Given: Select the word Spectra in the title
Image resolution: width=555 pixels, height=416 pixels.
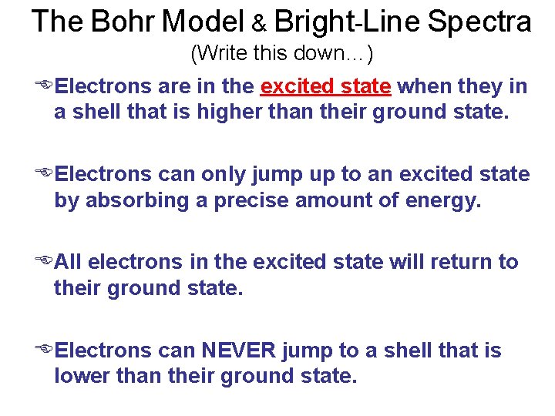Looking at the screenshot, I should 479,22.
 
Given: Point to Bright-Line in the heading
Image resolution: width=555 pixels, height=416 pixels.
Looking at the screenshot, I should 347,22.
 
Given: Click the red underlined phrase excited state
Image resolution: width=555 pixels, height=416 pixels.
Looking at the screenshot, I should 326,86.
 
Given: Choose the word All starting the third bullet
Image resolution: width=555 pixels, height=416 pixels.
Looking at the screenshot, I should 69,262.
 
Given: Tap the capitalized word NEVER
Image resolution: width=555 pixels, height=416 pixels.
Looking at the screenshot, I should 238,351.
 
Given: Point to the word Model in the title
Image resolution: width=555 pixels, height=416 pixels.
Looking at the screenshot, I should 203,22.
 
